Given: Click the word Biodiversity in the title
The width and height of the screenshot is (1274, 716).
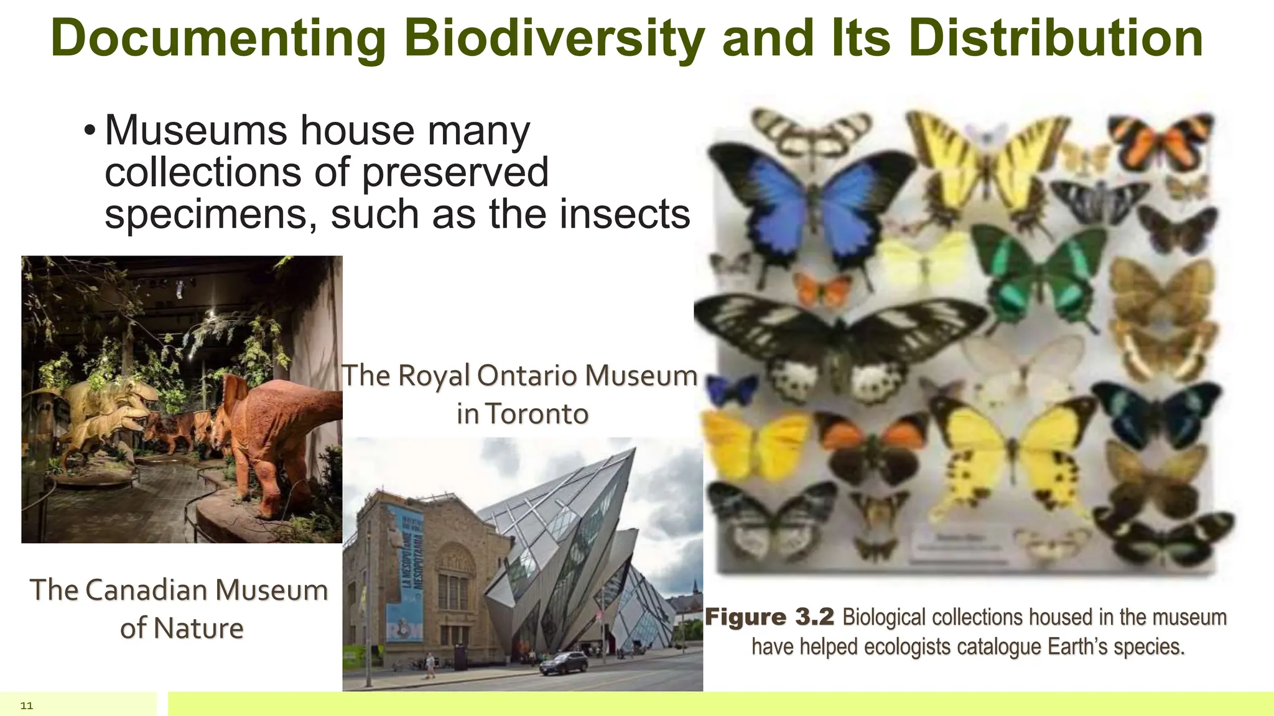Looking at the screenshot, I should tap(554, 39).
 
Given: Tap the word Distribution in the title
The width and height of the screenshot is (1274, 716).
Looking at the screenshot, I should tap(1055, 39).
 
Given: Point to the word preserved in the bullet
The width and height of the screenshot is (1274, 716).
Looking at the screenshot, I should tap(455, 173).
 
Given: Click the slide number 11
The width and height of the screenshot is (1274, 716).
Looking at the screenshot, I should tap(27, 705).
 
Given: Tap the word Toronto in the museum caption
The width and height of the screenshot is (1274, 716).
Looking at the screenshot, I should tap(537, 414).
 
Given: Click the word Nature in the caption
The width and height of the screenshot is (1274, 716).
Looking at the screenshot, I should tap(198, 628).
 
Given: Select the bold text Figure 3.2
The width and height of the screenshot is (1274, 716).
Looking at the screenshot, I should tap(769, 617).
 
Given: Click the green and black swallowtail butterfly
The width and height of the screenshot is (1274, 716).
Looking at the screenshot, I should tap(1039, 273).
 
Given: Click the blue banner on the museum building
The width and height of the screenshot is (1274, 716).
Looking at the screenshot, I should tap(405, 572).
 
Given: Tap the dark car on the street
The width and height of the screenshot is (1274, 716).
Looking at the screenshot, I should tap(563, 663).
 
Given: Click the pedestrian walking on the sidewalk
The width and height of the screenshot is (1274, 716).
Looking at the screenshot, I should tap(430, 665).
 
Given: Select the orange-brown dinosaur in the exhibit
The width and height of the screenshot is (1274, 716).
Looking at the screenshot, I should tap(274, 429).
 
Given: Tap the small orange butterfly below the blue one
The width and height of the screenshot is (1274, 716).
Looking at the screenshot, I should tap(823, 290).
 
